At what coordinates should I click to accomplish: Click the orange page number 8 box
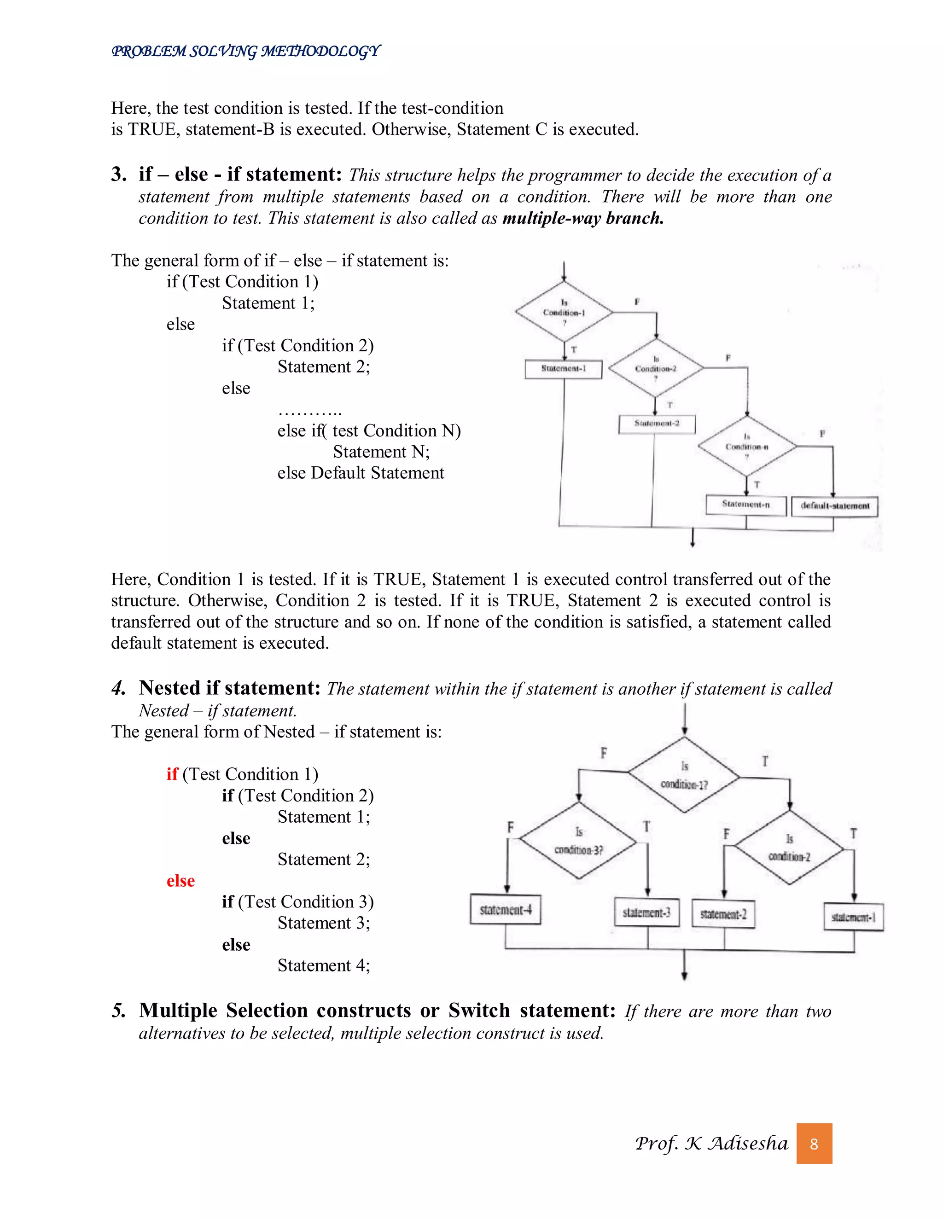814,1144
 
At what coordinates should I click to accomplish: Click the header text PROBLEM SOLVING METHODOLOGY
246,52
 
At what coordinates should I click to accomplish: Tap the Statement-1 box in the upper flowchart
563,369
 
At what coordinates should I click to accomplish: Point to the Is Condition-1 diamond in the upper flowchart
564,312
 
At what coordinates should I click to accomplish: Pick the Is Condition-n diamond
747,446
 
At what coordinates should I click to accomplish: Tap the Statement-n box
746,505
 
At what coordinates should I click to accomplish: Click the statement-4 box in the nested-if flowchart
505,909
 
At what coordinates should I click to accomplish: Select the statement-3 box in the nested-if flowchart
646,912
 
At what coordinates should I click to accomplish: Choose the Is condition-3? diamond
578,841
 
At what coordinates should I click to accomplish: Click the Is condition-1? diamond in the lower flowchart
684,775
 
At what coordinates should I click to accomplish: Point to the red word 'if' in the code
172,774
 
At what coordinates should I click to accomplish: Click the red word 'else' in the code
180,881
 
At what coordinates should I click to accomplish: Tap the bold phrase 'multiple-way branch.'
582,218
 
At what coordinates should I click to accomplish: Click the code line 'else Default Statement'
361,473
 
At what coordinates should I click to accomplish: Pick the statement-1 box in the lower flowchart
853,917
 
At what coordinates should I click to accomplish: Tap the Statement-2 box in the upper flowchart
657,424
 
